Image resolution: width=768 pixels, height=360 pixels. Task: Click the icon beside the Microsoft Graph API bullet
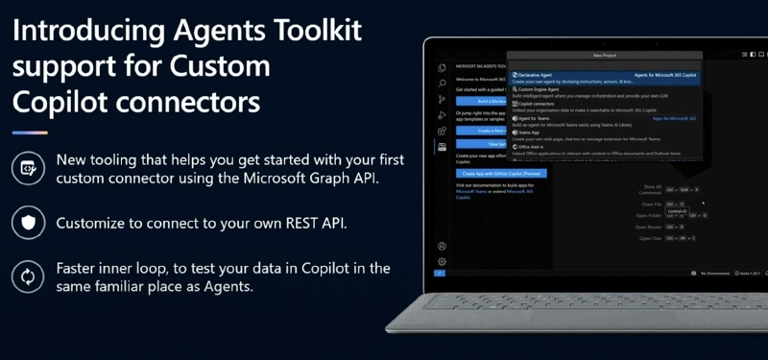click(26, 169)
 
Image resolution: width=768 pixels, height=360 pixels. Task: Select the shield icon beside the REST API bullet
click(26, 223)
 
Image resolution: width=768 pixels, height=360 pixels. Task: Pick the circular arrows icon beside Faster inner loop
click(26, 276)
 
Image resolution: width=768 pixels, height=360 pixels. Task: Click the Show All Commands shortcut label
click(652, 190)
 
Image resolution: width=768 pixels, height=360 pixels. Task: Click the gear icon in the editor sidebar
click(442, 261)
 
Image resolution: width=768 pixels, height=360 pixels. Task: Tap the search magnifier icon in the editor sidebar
click(442, 83)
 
